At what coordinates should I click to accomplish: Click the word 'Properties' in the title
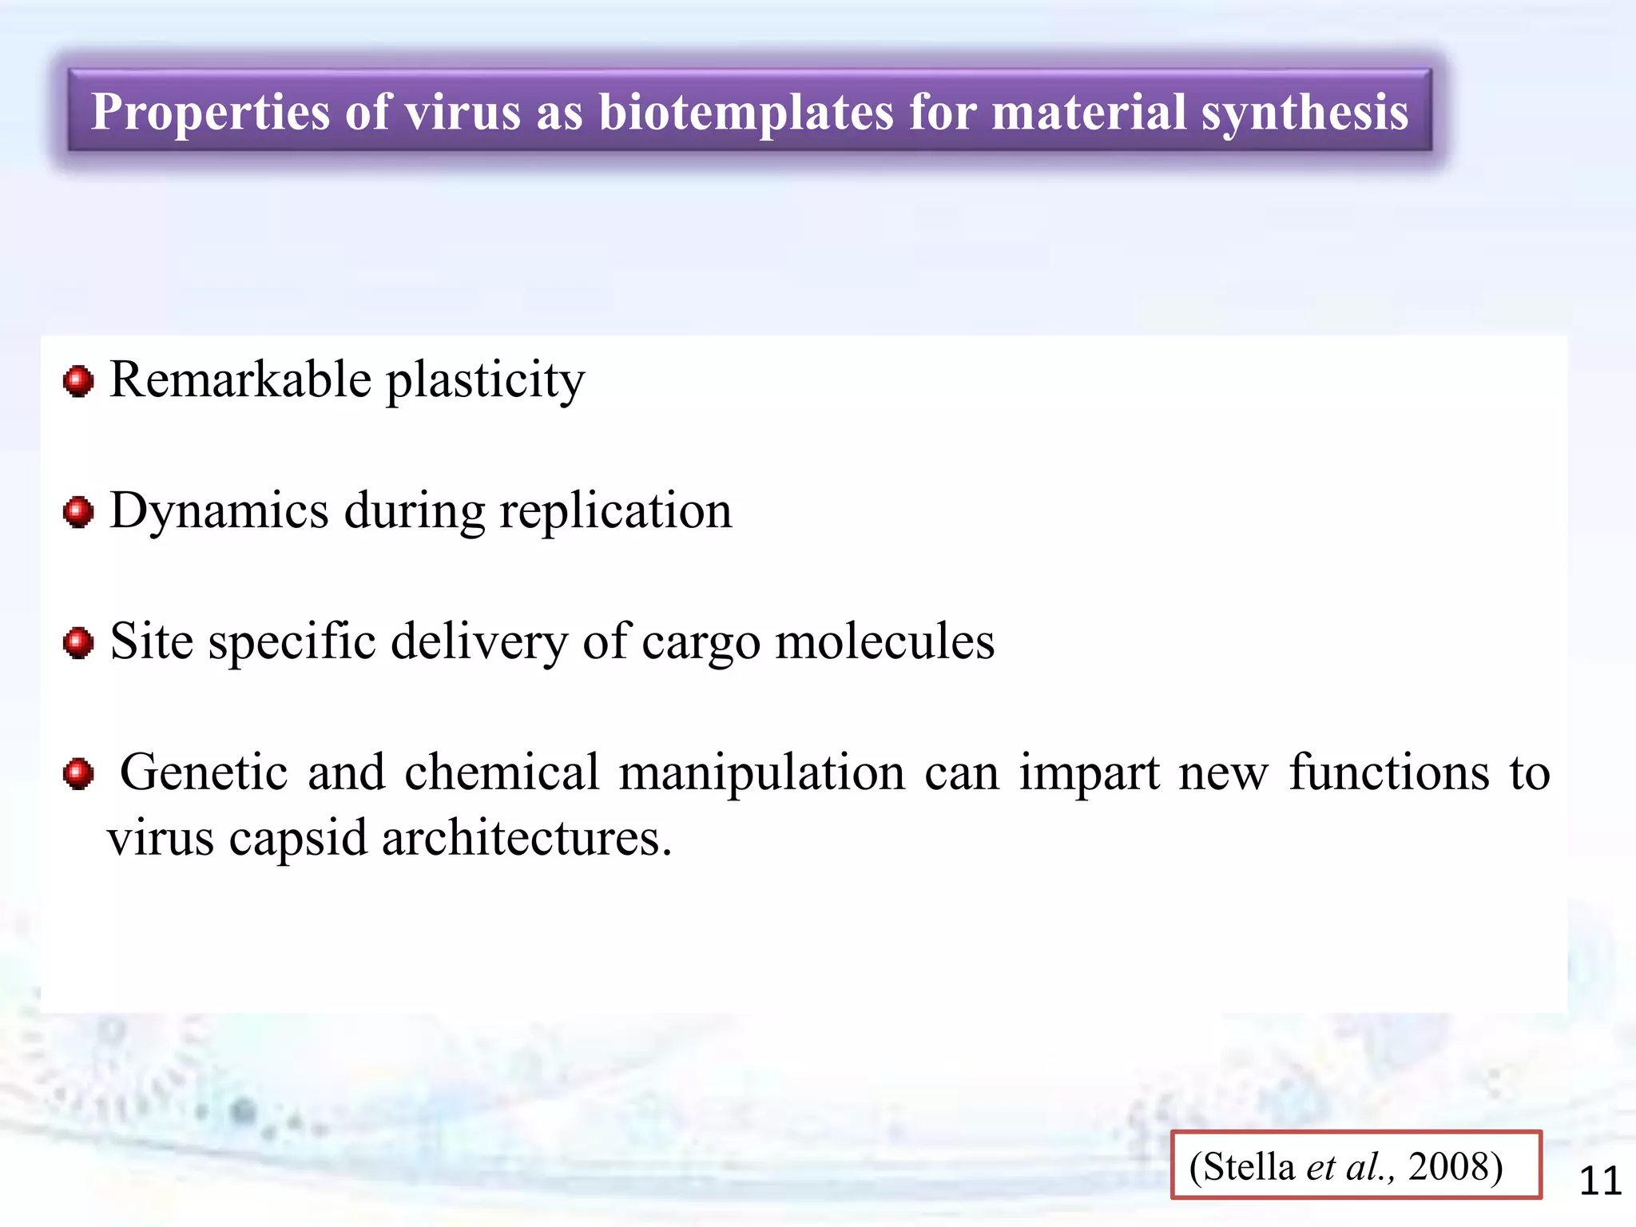(x=209, y=112)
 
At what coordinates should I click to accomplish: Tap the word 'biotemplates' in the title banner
(x=745, y=112)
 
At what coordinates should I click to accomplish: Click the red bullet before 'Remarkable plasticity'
(x=78, y=381)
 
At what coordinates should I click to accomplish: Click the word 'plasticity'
(x=486, y=381)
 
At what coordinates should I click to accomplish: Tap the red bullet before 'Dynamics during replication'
(x=78, y=512)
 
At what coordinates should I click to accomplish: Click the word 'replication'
(x=615, y=511)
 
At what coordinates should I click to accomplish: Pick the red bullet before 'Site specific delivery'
(x=78, y=643)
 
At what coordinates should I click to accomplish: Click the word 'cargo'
(x=701, y=643)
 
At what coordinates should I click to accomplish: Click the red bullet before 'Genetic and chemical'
(x=78, y=774)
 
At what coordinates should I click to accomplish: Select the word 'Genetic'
(x=204, y=772)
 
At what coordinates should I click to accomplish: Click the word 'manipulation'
(x=762, y=774)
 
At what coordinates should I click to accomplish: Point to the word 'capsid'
(x=298, y=840)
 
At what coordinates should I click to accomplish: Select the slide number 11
(x=1600, y=1181)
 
